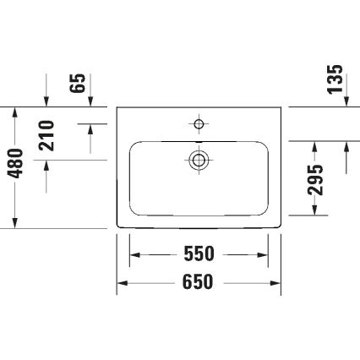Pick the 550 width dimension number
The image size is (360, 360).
pos(199,254)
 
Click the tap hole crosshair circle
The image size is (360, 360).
pos(199,124)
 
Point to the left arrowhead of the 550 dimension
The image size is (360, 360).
pos(134,254)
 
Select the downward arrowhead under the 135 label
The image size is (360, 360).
pos(346,102)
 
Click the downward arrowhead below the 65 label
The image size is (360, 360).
pos(91,102)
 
